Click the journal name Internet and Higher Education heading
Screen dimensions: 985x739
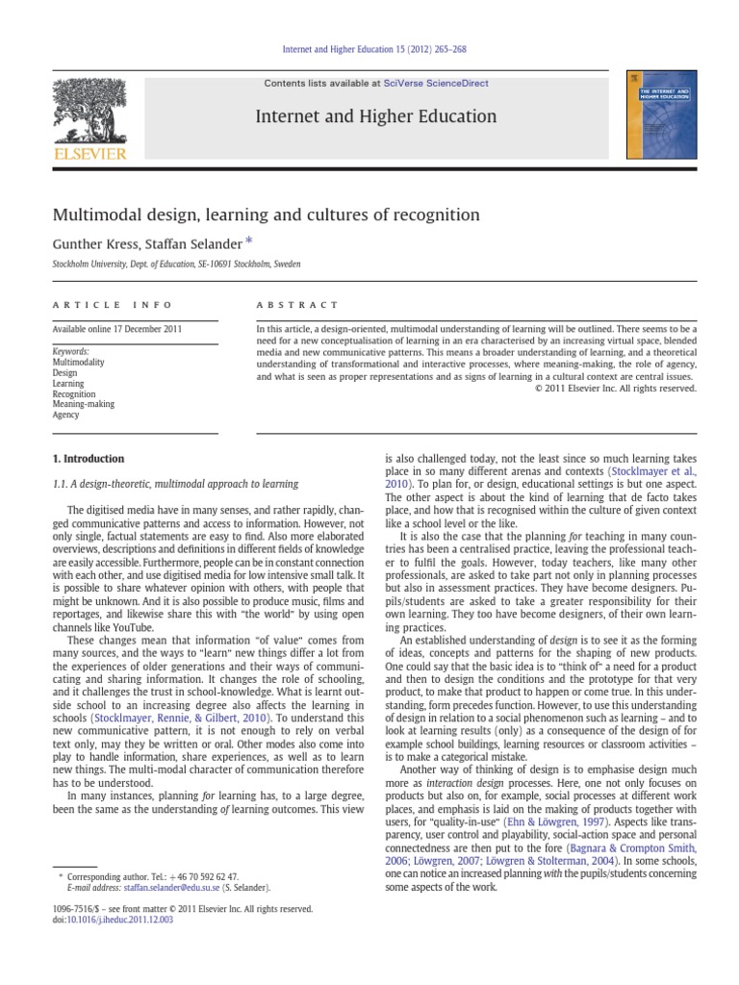click(375, 117)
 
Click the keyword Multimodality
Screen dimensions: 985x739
click(78, 363)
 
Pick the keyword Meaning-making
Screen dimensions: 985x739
click(83, 405)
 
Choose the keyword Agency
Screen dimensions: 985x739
click(66, 416)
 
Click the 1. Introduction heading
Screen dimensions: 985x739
click(89, 459)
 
